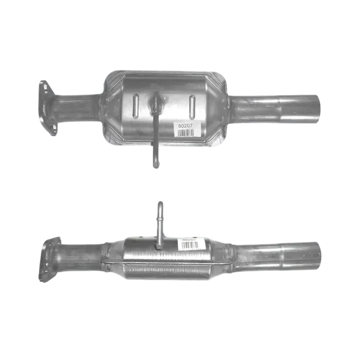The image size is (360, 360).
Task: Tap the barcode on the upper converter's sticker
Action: tap(186, 133)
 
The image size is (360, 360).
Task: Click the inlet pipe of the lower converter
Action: tap(80, 258)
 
